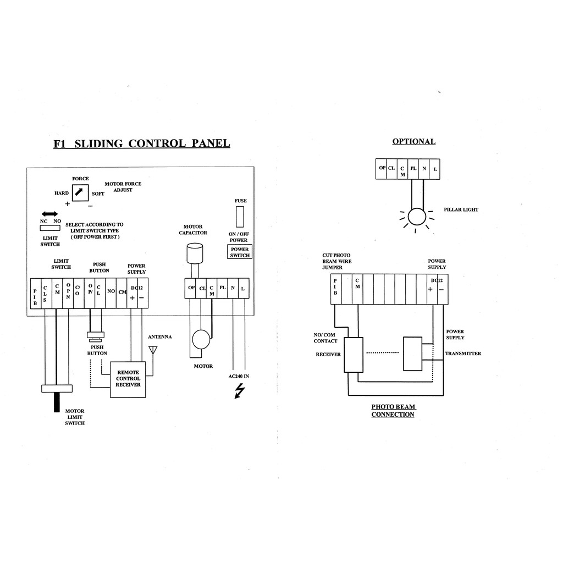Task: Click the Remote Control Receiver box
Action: point(128,379)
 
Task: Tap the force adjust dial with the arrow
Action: point(80,193)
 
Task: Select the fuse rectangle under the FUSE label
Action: point(240,217)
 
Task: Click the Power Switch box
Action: point(240,252)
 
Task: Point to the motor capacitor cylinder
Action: point(195,253)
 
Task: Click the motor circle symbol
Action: point(201,339)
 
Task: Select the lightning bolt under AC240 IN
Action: point(240,391)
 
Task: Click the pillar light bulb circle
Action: point(417,217)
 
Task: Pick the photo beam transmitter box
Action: point(412,354)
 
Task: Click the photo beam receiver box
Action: point(354,355)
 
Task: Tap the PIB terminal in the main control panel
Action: point(36,294)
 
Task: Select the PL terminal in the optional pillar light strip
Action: point(413,169)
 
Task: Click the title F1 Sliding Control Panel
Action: point(142,143)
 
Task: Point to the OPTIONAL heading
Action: point(414,141)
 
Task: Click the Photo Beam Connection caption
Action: point(393,410)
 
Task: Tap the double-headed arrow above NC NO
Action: point(49,214)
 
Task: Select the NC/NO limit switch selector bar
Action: point(50,228)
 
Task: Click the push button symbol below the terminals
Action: point(96,337)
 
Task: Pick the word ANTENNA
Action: point(160,337)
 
